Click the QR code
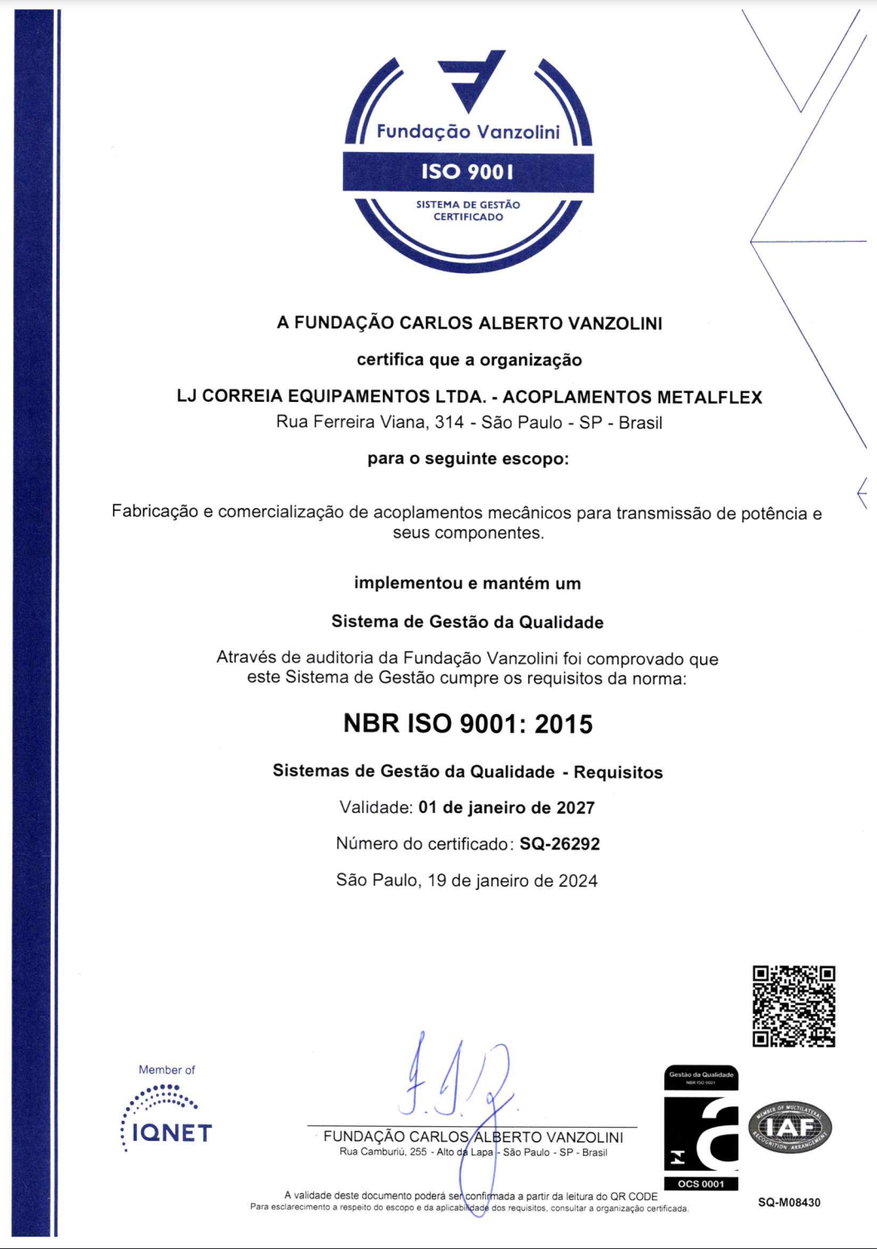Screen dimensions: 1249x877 793,1006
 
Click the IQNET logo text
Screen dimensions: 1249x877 172,1134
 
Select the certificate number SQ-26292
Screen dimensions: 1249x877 560,845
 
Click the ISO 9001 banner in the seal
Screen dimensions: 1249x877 468,172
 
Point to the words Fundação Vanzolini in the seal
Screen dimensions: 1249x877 468,132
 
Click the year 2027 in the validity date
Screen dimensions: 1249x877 575,808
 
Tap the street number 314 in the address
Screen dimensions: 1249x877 449,423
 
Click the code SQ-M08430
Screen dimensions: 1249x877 789,1202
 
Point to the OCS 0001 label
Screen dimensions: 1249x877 701,1184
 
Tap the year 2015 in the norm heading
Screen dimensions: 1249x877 564,724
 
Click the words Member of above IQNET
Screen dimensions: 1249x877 167,1070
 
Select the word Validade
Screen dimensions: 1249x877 375,808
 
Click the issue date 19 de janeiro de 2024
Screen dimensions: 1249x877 512,881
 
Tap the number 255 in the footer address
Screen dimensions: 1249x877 418,1153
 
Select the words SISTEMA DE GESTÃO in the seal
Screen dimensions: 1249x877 468,204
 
